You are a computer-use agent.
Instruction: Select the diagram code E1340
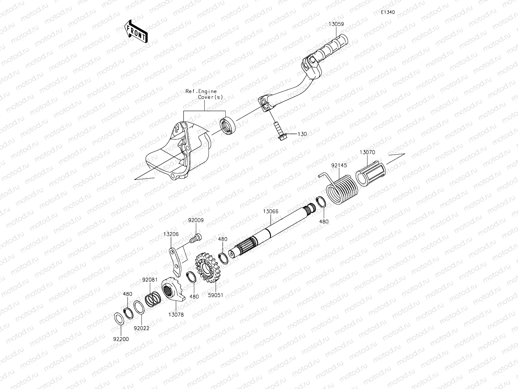[x=388, y=12]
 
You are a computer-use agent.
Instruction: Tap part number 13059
[x=336, y=24]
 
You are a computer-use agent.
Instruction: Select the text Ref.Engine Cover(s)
[x=204, y=94]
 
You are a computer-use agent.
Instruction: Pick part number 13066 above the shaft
[x=270, y=211]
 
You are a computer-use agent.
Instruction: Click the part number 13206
[x=171, y=234]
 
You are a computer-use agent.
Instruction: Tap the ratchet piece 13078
[x=173, y=289]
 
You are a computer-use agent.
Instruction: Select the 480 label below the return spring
[x=324, y=222]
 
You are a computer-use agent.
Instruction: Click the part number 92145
[x=339, y=165]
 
